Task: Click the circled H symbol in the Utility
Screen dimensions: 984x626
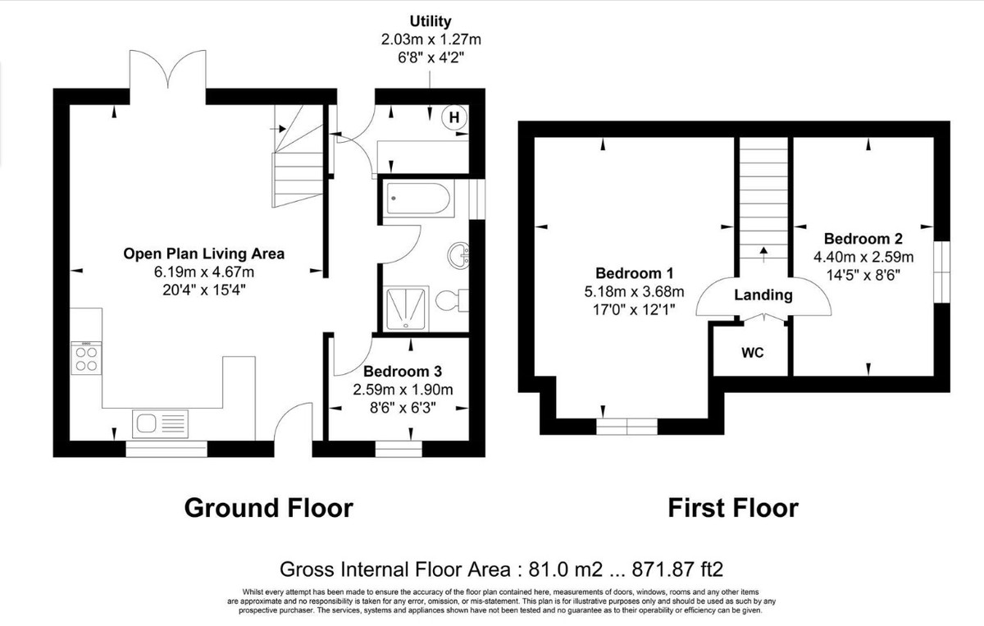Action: [x=453, y=117]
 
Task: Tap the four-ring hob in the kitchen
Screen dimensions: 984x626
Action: [x=86, y=359]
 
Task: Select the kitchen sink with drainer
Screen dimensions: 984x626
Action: [x=160, y=424]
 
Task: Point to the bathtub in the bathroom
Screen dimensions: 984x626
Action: [x=417, y=199]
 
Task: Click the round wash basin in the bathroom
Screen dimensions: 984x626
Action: [x=458, y=255]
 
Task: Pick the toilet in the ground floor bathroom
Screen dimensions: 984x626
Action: [x=452, y=300]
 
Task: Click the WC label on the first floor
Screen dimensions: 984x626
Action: [x=753, y=353]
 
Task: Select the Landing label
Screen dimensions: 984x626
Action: [x=763, y=295]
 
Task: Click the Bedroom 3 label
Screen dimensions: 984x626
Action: [x=403, y=372]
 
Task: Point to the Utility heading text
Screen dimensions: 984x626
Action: [x=430, y=21]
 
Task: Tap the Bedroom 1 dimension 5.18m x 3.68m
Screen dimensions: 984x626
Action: [x=634, y=291]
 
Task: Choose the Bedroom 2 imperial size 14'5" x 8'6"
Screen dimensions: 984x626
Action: [x=863, y=275]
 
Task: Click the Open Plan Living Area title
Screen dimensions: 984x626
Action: [x=204, y=254]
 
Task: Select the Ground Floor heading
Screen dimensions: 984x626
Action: [x=268, y=508]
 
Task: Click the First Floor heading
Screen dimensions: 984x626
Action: [x=733, y=508]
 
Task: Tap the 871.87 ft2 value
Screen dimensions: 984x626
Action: [x=677, y=569]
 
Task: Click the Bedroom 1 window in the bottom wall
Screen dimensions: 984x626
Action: [x=626, y=427]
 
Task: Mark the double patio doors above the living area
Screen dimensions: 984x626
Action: [x=167, y=75]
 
